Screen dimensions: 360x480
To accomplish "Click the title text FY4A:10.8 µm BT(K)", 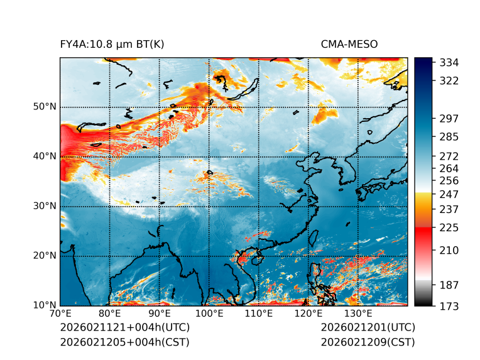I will pos(112,44).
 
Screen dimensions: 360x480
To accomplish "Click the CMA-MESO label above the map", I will pos(349,44).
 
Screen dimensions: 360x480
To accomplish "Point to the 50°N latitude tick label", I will pos(45,107).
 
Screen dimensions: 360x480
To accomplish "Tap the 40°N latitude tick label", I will pos(45,156).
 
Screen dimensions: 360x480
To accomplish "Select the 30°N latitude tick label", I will pos(45,206).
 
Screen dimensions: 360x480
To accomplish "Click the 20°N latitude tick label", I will pos(45,256).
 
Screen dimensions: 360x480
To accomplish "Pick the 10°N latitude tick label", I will pos(45,305).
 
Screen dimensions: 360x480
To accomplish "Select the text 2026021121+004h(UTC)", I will pos(124,327).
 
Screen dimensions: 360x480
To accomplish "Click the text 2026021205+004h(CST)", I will pos(124,342).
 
